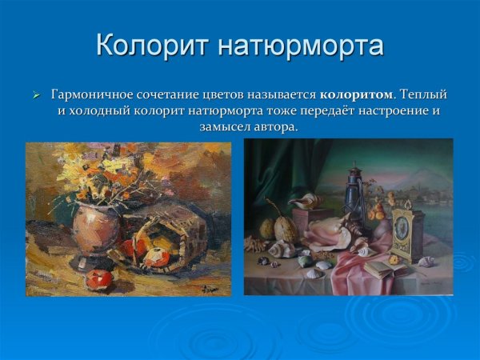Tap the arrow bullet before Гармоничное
pos(36,95)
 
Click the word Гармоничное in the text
pos(94,94)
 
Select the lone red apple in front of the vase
pos(100,279)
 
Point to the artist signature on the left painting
pos(210,286)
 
